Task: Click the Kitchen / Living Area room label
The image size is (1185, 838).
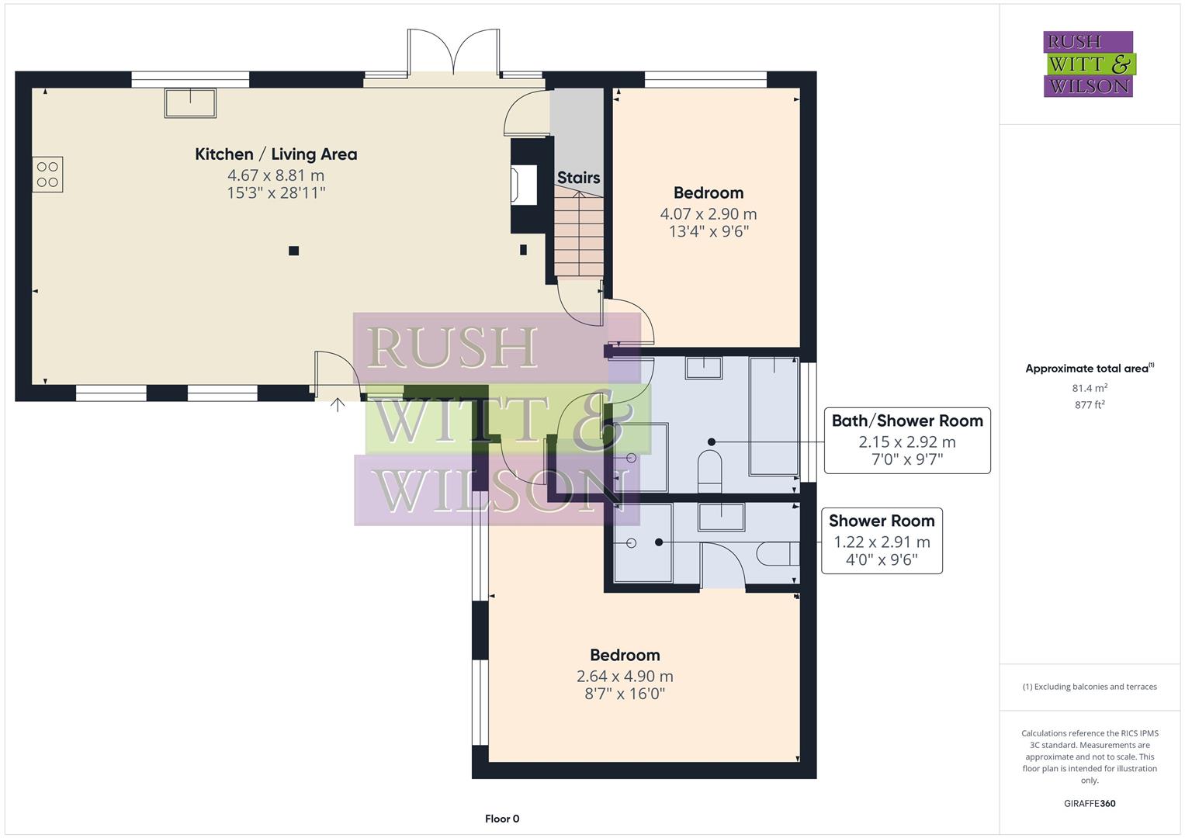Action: (x=275, y=154)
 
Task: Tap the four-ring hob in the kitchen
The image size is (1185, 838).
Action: (x=47, y=175)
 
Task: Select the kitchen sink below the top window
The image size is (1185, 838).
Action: (x=190, y=103)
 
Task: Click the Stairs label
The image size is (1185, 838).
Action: (x=578, y=178)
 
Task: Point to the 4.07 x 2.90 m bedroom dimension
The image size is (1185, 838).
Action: (x=708, y=214)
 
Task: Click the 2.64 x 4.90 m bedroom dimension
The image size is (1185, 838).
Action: (x=624, y=677)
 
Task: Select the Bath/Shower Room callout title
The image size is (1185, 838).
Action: (x=906, y=421)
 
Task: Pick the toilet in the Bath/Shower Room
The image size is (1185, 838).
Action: (x=710, y=472)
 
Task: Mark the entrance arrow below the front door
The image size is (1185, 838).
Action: (x=338, y=404)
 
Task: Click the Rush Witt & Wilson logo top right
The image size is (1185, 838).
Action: (x=1088, y=64)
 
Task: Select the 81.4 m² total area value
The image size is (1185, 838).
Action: (x=1089, y=388)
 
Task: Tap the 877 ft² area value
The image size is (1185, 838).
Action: (x=1089, y=405)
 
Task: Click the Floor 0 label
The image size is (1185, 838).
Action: (x=501, y=819)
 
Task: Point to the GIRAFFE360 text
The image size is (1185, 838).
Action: (x=1089, y=803)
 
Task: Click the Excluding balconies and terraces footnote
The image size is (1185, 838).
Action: (x=1089, y=687)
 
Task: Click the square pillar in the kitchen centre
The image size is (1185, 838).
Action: (x=293, y=251)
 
